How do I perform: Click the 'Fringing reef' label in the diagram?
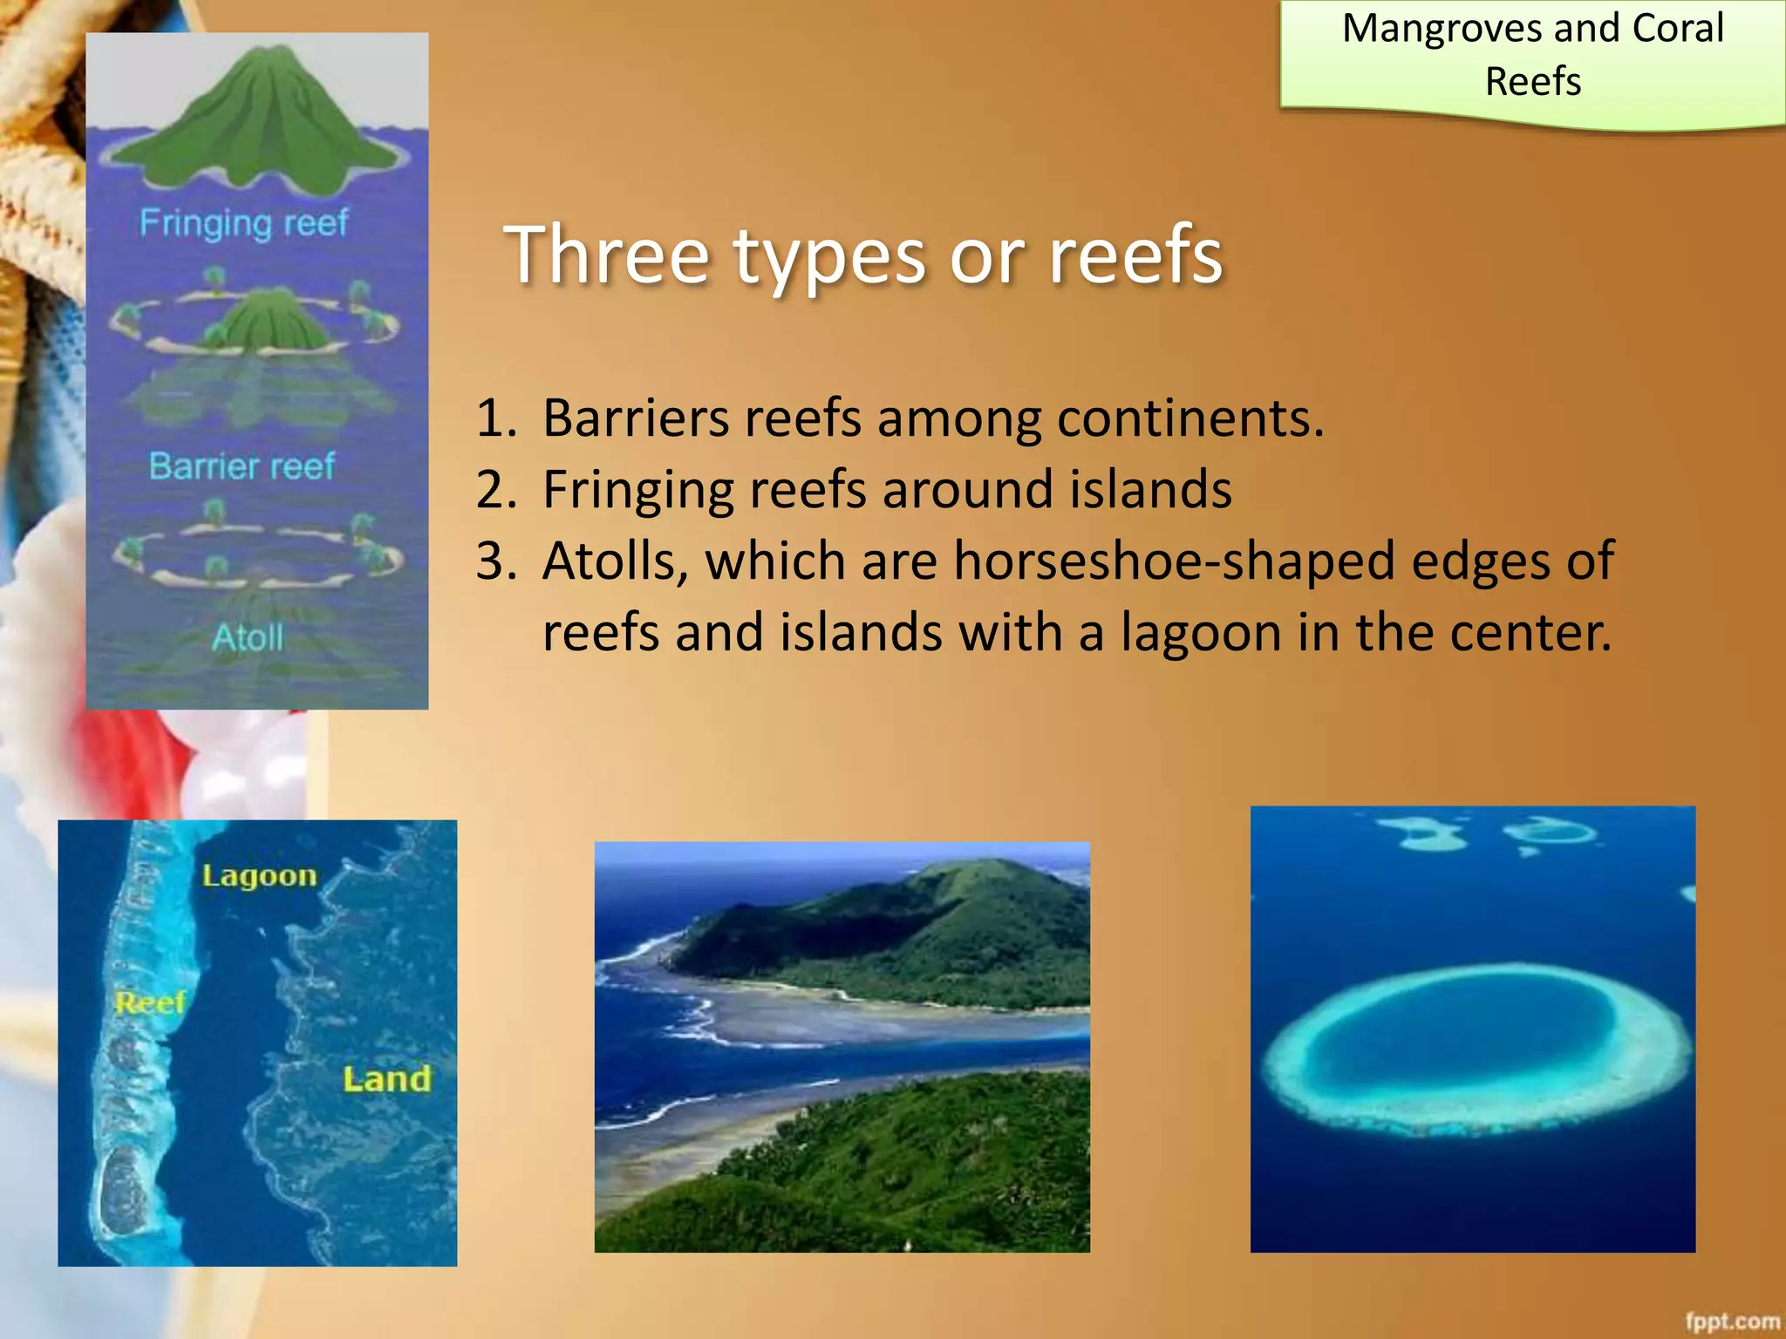[243, 223]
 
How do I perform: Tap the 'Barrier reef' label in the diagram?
[242, 466]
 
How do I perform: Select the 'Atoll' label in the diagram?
[248, 638]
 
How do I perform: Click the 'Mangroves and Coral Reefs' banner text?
[1532, 54]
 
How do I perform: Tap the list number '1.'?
[496, 418]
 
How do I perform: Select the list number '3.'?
[496, 561]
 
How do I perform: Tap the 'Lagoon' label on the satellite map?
[259, 875]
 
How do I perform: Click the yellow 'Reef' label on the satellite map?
[150, 1003]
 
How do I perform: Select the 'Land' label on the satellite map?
[386, 1079]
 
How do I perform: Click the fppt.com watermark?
[1731, 1322]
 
